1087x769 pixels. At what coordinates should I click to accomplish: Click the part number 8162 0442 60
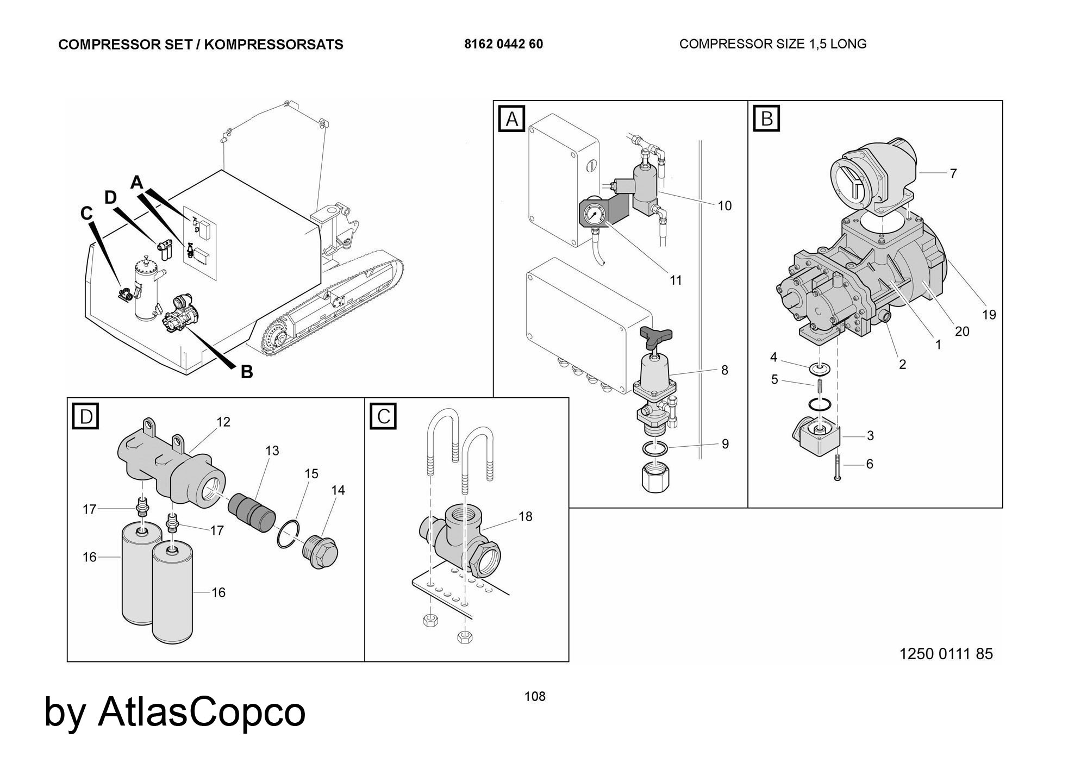(503, 44)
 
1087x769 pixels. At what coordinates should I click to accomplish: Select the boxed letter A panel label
(512, 119)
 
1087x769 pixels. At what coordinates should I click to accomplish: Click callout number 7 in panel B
(953, 174)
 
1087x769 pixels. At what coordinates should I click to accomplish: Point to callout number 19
(989, 315)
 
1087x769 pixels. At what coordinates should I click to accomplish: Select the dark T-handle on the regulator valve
(657, 336)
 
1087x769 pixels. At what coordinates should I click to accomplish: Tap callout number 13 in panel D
(272, 451)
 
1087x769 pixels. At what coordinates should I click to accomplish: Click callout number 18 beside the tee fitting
(526, 516)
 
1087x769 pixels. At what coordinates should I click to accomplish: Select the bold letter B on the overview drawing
(247, 372)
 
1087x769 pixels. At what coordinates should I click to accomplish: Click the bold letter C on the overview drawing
(86, 214)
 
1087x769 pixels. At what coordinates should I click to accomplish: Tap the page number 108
(535, 696)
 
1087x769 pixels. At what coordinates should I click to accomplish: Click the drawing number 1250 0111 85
(946, 654)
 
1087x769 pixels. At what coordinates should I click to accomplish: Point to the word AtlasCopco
(201, 711)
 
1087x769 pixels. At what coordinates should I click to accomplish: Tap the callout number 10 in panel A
(724, 206)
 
